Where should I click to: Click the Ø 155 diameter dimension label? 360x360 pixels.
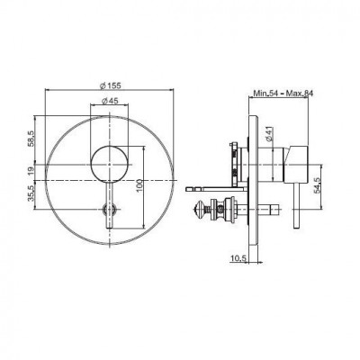tap(110, 85)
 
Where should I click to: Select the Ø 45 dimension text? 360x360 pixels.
tap(110, 102)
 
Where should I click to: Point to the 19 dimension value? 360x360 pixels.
tap(31, 172)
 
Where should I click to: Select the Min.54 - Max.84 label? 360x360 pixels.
tap(283, 94)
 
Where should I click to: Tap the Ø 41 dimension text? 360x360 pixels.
tap(269, 133)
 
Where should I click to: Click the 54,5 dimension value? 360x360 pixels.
tap(318, 186)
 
